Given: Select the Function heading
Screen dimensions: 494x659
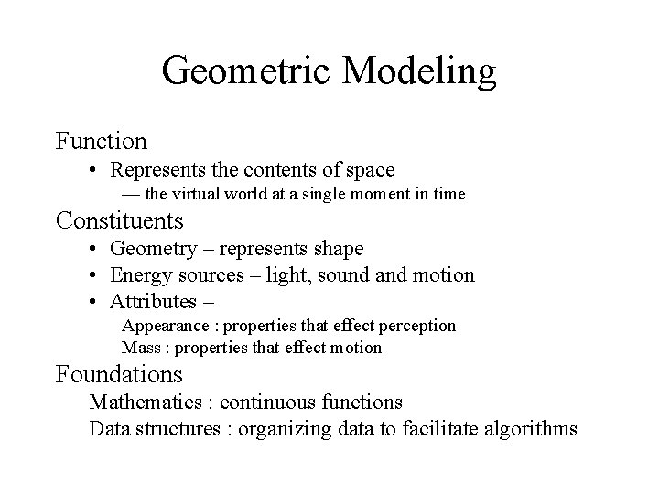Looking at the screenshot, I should point(102,141).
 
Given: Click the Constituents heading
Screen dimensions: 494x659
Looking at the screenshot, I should point(120,220).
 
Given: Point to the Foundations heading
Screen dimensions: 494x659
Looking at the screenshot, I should point(119,374).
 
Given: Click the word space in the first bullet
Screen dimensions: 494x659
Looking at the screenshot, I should point(368,169).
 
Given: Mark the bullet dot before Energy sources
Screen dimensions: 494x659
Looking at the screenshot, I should point(94,275).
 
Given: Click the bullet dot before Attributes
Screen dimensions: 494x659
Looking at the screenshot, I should point(94,302).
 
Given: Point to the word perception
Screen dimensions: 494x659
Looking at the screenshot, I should point(418,326).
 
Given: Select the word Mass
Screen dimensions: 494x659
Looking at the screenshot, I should point(141,348).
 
